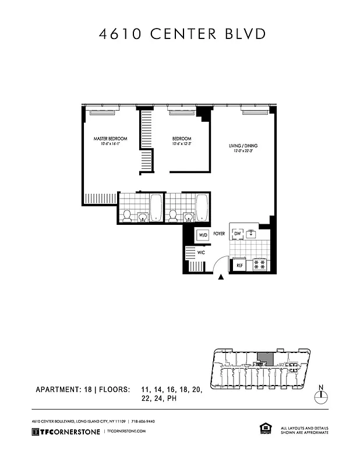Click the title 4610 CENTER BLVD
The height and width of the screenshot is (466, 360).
click(x=182, y=33)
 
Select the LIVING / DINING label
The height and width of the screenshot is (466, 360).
click(x=243, y=146)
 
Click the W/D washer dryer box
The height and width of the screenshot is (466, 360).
click(x=203, y=235)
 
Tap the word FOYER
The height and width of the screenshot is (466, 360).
click(x=219, y=234)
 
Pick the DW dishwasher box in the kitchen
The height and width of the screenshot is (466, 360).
click(x=237, y=234)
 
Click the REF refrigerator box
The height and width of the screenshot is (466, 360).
click(x=239, y=265)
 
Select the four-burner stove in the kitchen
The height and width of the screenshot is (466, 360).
click(x=260, y=264)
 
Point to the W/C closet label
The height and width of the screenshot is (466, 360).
click(x=200, y=253)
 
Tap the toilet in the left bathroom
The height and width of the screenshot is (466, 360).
click(x=126, y=216)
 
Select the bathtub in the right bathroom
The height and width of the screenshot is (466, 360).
click(x=202, y=207)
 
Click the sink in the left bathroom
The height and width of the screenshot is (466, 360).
click(x=143, y=217)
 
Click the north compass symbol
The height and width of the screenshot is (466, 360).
click(x=320, y=396)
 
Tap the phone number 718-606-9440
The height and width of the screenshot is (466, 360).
click(x=143, y=421)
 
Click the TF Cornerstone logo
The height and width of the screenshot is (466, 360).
click(x=65, y=431)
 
